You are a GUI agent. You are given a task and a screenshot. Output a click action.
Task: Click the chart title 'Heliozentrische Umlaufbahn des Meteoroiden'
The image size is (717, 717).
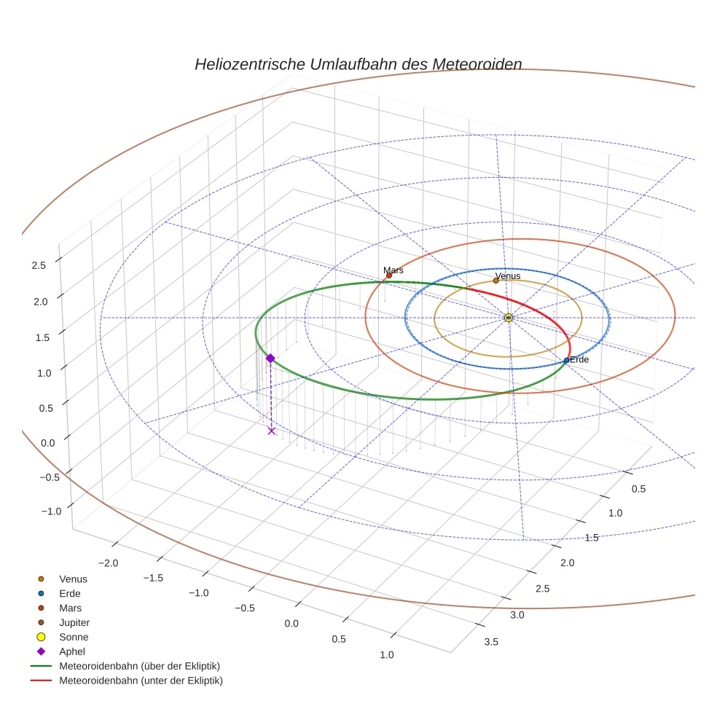pyautogui.click(x=358, y=64)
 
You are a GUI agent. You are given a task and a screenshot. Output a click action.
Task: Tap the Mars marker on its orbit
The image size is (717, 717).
pyautogui.click(x=388, y=275)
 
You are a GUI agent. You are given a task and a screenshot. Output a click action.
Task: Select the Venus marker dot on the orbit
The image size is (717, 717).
pyautogui.click(x=496, y=281)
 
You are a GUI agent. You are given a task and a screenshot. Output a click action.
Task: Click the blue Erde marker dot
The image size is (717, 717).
pyautogui.click(x=566, y=361)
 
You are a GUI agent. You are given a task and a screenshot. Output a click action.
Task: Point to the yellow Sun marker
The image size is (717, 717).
pyautogui.click(x=508, y=318)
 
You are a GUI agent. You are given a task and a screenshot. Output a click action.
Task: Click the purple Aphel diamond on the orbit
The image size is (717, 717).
pyautogui.click(x=270, y=358)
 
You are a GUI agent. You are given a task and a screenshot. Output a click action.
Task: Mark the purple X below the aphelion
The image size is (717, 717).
pyautogui.click(x=272, y=431)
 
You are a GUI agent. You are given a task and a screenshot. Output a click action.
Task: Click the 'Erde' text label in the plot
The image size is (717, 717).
pyautogui.click(x=579, y=360)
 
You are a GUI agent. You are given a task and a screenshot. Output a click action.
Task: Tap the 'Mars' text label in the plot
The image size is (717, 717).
pyautogui.click(x=393, y=270)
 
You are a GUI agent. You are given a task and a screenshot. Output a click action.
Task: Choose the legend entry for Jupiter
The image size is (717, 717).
pyautogui.click(x=74, y=622)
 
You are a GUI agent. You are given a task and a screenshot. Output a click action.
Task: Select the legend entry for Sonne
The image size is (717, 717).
pyautogui.click(x=74, y=637)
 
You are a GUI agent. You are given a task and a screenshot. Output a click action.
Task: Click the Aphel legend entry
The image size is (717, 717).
pyautogui.click(x=72, y=651)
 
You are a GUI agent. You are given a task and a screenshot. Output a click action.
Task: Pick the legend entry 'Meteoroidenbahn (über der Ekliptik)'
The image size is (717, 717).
pyautogui.click(x=139, y=666)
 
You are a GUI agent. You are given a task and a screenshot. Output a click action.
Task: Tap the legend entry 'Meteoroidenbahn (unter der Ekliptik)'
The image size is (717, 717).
pyautogui.click(x=141, y=681)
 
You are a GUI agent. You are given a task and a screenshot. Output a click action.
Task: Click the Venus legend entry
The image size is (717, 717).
pyautogui.click(x=73, y=579)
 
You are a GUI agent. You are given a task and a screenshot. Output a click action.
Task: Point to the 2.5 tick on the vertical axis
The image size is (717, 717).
pyautogui.click(x=39, y=265)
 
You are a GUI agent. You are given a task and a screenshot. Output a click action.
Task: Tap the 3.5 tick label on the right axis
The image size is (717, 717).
pyautogui.click(x=491, y=641)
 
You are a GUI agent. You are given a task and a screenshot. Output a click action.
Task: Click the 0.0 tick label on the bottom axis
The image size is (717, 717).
pyautogui.click(x=291, y=623)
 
